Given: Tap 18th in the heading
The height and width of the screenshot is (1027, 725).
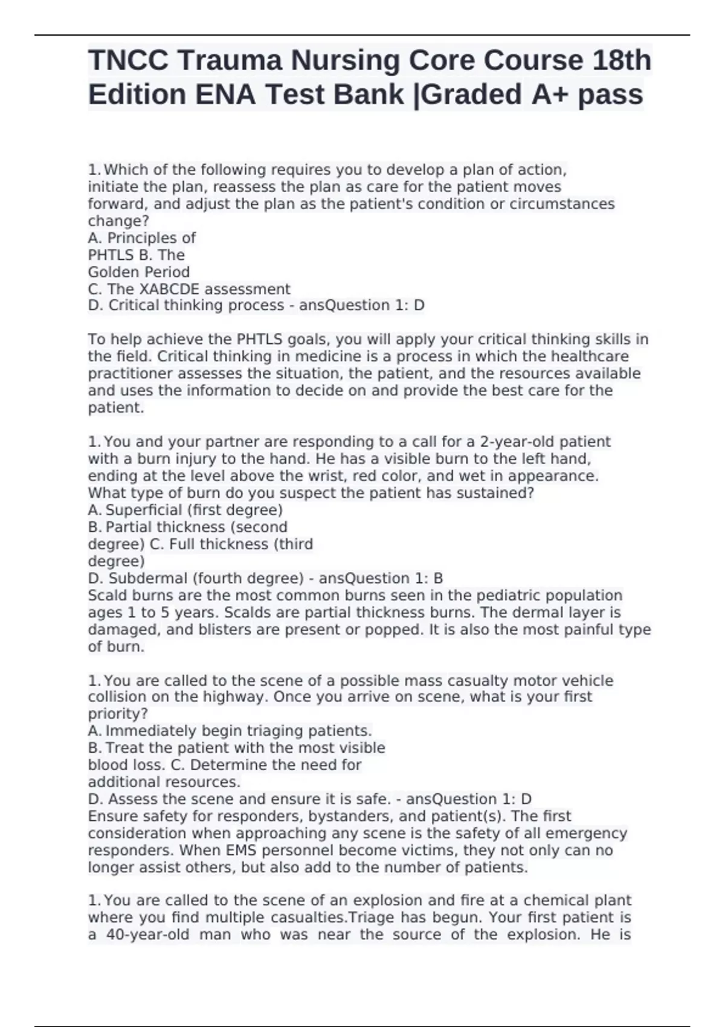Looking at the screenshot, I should click(621, 61).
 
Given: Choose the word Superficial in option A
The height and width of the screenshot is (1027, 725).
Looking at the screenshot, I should click(144, 510).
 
